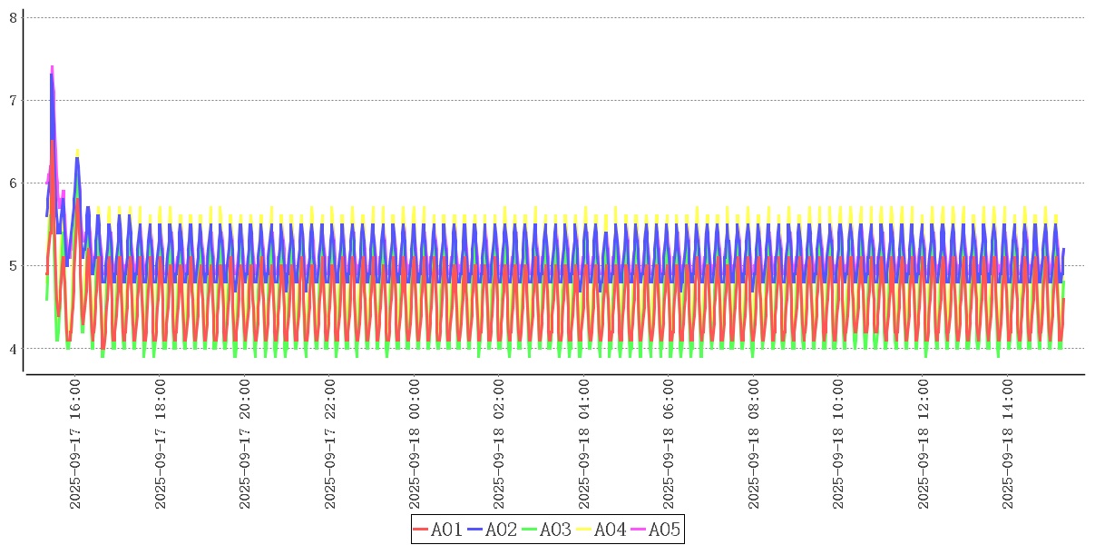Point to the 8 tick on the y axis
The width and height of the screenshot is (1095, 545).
pos(13,17)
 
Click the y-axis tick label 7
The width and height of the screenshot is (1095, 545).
pos(13,100)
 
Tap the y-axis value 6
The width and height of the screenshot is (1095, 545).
pos(13,183)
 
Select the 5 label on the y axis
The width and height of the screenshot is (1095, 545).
pos(13,266)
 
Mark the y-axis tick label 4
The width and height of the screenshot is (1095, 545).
pos(13,349)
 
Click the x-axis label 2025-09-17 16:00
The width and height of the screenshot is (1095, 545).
pos(75,444)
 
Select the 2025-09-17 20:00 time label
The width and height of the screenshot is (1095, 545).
pos(245,444)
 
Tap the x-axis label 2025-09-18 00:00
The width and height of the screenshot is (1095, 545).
pos(415,444)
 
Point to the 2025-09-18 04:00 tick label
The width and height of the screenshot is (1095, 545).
pos(584,444)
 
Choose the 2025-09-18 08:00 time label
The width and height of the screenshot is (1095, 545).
pos(754,444)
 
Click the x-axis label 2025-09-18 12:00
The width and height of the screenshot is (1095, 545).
pos(924,444)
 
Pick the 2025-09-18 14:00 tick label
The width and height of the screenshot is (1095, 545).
pos(1008,444)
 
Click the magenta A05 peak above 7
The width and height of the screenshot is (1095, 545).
pos(52,67)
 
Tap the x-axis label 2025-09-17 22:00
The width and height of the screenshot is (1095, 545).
pos(330,444)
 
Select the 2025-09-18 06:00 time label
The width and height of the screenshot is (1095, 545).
pos(669,444)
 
